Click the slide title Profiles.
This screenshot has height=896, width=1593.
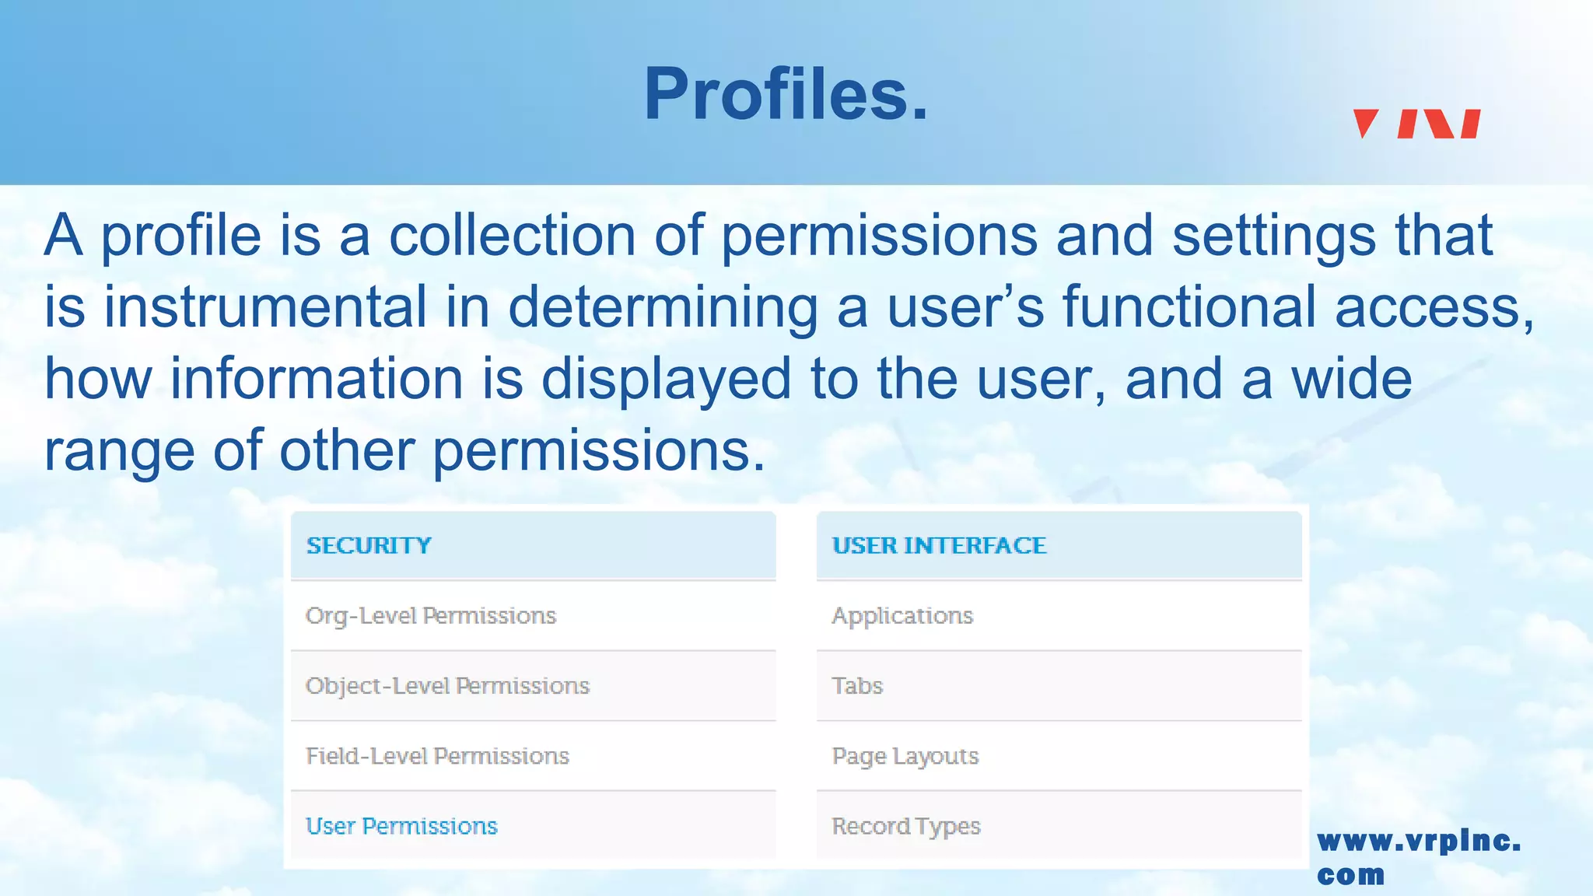point(786,94)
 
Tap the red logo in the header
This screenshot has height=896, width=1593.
point(1416,124)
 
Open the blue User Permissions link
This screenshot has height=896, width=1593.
point(401,826)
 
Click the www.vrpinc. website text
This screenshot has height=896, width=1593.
point(1419,842)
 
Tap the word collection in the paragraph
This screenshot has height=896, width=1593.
point(512,235)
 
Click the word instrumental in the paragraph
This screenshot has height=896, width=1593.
point(265,306)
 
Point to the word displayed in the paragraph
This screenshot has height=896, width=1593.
point(666,379)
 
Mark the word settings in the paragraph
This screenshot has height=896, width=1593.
point(1273,236)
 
